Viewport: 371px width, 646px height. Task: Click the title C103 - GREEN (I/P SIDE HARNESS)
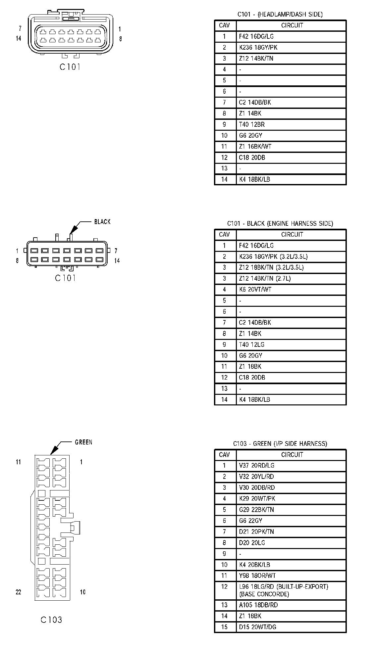280,443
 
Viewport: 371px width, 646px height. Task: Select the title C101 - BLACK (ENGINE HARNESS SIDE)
280,223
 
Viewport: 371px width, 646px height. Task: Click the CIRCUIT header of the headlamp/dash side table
292,25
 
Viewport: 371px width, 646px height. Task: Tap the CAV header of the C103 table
224,454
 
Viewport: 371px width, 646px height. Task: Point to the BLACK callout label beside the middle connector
102,222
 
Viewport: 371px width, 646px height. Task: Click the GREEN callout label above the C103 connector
83,442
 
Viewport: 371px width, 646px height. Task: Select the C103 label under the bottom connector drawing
51,620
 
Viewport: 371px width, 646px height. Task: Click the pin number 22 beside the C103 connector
19,592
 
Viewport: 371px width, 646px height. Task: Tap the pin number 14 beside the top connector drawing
19,38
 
